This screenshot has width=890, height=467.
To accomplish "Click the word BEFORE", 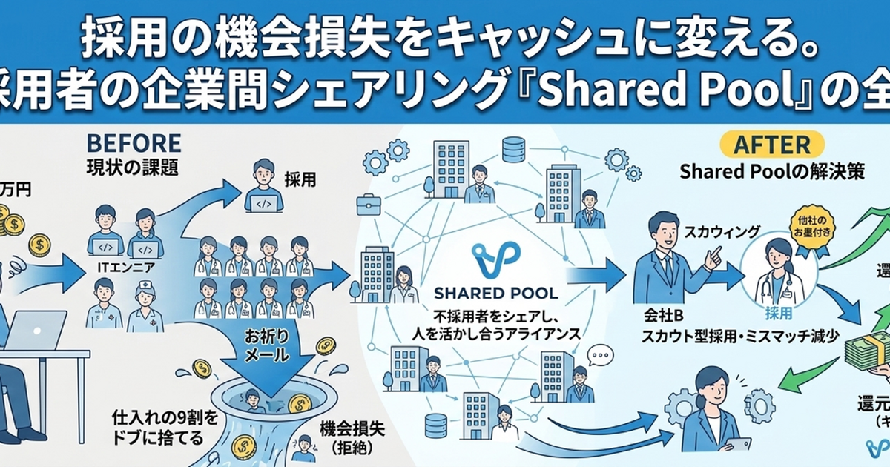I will pyautogui.click(x=133, y=141).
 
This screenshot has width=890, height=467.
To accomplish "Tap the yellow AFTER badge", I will pyautogui.click(x=767, y=144).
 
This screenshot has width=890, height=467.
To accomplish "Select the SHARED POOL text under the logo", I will pyautogui.click(x=495, y=294).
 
